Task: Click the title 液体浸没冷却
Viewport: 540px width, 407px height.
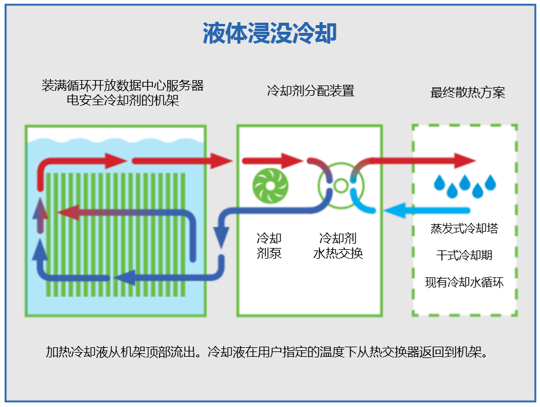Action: [269, 33]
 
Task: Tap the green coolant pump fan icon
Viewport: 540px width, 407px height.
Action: [271, 186]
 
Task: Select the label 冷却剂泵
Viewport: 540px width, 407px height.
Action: [269, 246]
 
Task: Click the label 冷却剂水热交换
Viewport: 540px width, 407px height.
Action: [338, 246]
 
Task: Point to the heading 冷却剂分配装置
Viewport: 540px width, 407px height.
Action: [311, 91]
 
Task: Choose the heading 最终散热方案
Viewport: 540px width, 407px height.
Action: [467, 93]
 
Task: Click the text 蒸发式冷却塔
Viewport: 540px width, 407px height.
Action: [464, 228]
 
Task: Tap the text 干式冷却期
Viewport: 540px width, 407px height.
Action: [464, 255]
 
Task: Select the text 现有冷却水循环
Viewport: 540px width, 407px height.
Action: [464, 282]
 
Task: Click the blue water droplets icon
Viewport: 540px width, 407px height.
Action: [465, 186]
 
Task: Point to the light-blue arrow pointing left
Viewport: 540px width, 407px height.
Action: [427, 210]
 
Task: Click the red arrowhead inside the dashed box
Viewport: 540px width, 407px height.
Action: [465, 161]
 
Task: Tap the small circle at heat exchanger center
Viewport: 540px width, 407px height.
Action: [340, 186]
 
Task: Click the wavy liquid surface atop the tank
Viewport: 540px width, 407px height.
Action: [116, 140]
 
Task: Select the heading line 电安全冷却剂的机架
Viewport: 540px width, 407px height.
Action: [122, 100]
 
